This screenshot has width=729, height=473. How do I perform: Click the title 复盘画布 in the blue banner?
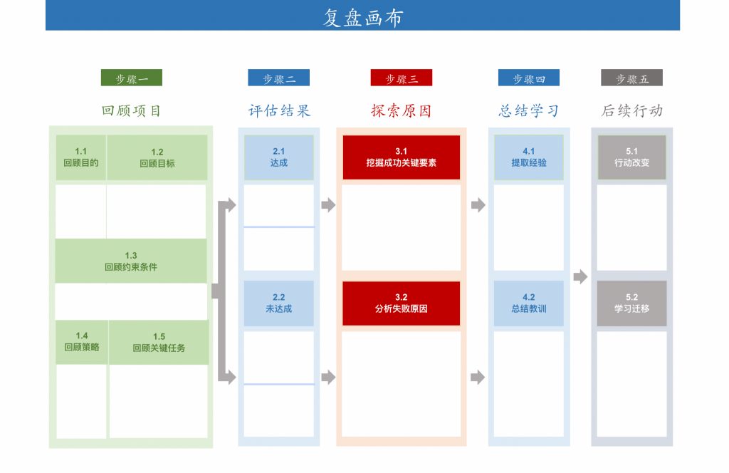[x=362, y=17]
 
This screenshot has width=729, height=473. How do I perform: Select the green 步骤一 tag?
[x=131, y=78]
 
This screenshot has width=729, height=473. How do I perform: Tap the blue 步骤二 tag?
[x=278, y=78]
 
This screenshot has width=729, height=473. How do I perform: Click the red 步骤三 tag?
[x=401, y=78]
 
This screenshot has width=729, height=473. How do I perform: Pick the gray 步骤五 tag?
[x=631, y=78]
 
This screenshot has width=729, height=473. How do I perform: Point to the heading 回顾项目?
[x=131, y=110]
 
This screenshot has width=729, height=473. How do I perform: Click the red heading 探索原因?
[x=401, y=110]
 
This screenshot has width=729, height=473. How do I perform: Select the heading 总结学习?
[x=528, y=110]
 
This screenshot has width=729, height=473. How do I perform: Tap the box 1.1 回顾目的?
[x=81, y=157]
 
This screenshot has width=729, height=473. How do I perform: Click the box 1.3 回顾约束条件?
[x=131, y=261]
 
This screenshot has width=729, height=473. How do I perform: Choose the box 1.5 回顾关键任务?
[x=159, y=343]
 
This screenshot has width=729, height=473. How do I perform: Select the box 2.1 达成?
[x=278, y=157]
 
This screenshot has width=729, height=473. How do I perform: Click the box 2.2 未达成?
[x=278, y=303]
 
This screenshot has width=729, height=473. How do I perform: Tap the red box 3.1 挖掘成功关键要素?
[x=401, y=157]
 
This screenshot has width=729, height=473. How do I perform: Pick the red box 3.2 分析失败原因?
[x=401, y=303]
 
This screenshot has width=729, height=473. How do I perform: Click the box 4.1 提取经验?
[x=528, y=157]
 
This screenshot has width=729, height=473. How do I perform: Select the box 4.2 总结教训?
[x=528, y=303]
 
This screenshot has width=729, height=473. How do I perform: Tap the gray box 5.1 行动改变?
[x=631, y=157]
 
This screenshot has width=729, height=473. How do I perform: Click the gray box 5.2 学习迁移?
[x=631, y=303]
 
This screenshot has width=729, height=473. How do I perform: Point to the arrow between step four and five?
[x=580, y=276]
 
